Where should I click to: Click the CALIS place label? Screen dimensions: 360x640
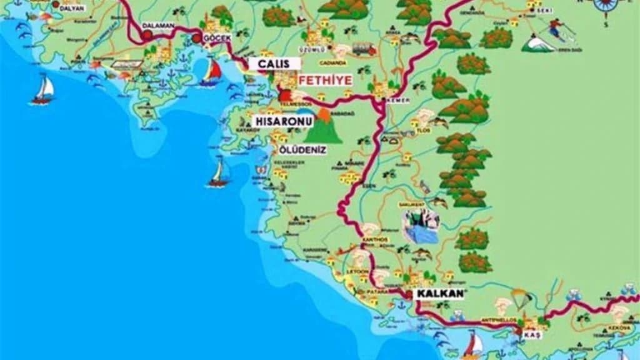click(x=274, y=64)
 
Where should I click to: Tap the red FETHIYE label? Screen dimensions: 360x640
click(x=325, y=81)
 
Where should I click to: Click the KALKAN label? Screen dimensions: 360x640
click(x=436, y=294)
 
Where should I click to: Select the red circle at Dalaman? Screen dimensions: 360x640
click(x=147, y=36)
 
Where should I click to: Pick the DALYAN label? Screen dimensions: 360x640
click(x=71, y=8)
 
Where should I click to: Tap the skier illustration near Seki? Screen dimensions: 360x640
click(x=556, y=29)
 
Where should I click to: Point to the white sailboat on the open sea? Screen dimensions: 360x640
click(x=44, y=89)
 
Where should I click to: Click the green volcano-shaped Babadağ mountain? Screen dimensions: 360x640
click(x=324, y=127)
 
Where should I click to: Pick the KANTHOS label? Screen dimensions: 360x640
click(x=374, y=239)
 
